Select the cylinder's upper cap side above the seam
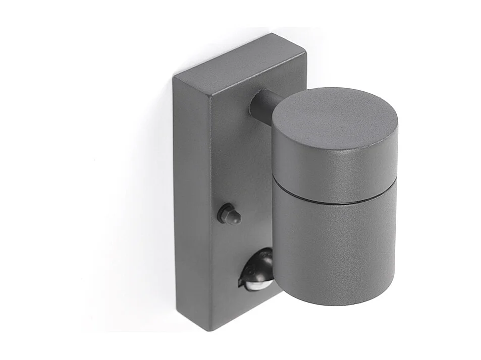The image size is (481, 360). (333, 171)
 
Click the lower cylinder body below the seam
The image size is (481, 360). (333, 247)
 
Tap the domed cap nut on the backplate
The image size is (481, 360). (229, 214)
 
